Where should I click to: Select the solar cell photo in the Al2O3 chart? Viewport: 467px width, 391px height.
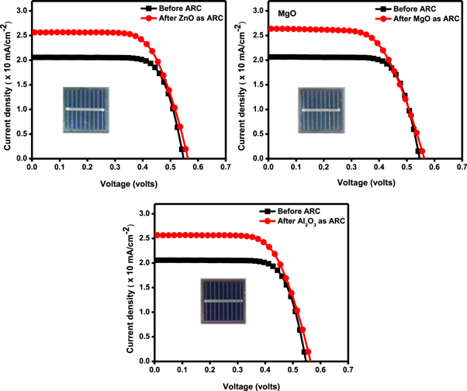pos(223,299)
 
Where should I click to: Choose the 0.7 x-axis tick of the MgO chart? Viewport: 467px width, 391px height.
pos(461,168)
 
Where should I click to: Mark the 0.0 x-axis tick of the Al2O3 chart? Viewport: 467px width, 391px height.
pos(155,371)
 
